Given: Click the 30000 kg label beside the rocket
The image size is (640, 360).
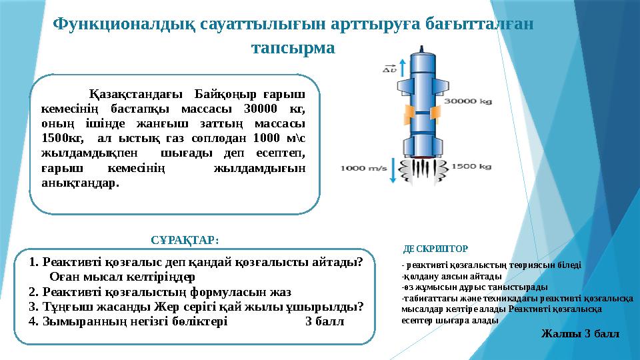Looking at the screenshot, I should (x=468, y=102).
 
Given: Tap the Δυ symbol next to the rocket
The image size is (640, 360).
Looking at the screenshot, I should (x=389, y=68).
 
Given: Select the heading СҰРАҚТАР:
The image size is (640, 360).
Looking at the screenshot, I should (x=185, y=239).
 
